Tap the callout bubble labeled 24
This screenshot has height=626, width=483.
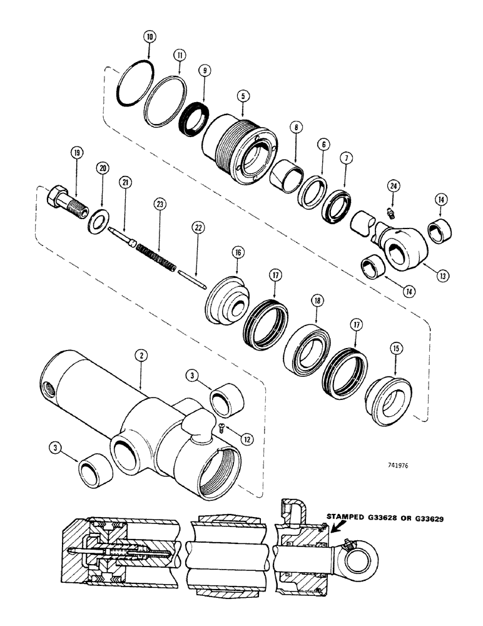click(x=392, y=186)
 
